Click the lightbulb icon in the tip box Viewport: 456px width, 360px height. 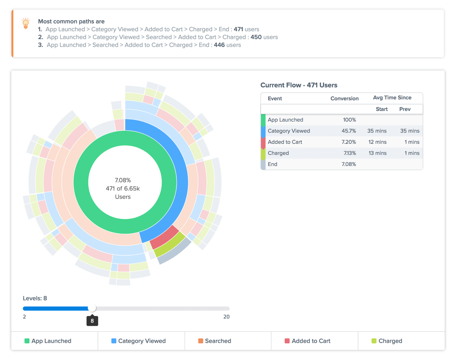point(26,23)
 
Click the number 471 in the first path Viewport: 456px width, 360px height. point(238,29)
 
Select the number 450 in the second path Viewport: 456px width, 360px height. point(256,37)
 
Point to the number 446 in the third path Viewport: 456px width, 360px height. point(219,45)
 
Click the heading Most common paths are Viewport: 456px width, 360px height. point(71,21)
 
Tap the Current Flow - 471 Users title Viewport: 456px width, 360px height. point(298,85)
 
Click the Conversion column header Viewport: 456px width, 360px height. point(344,99)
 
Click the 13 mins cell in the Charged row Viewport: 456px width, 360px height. point(377,153)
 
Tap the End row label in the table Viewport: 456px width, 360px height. point(272,164)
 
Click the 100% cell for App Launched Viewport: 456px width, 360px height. point(349,120)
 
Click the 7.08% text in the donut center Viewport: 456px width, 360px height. point(123,180)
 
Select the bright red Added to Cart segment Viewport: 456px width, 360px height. point(164,237)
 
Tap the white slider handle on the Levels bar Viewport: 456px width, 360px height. point(92,308)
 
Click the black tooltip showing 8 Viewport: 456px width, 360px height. point(92,321)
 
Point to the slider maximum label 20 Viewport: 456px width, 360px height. point(226,317)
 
